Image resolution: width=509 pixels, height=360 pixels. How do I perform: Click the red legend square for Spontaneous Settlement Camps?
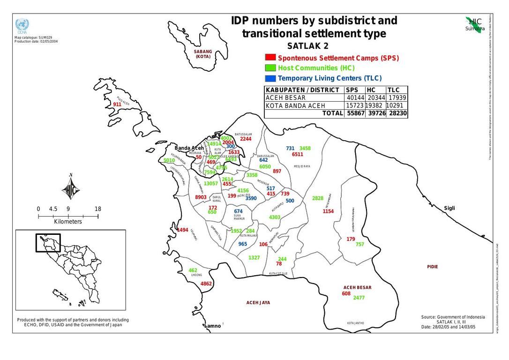click(270, 58)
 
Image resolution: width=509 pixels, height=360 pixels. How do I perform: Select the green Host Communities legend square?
click(270, 68)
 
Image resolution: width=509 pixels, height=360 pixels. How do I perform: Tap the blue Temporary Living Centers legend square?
click(270, 78)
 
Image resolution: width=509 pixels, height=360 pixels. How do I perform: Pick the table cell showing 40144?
click(355, 97)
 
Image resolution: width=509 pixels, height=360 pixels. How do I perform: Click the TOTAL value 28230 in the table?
click(397, 113)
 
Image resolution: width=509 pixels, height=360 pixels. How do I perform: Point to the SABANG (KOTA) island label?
click(203, 54)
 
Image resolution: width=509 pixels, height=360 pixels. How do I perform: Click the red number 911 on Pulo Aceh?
click(117, 105)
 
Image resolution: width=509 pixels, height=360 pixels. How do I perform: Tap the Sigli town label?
click(449, 208)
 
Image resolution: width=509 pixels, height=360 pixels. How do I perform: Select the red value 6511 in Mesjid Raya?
click(297, 154)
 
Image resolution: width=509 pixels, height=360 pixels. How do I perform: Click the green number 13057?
click(210, 183)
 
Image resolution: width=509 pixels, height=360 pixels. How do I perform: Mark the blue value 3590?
click(251, 198)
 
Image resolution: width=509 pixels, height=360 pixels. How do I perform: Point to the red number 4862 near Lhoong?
click(206, 284)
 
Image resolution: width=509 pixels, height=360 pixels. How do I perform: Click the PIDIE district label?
click(432, 267)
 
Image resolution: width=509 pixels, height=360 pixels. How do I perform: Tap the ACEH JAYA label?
click(258, 303)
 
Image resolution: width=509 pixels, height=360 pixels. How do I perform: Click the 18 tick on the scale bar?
click(97, 209)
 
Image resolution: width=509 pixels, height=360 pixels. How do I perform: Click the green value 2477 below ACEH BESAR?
click(359, 298)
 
